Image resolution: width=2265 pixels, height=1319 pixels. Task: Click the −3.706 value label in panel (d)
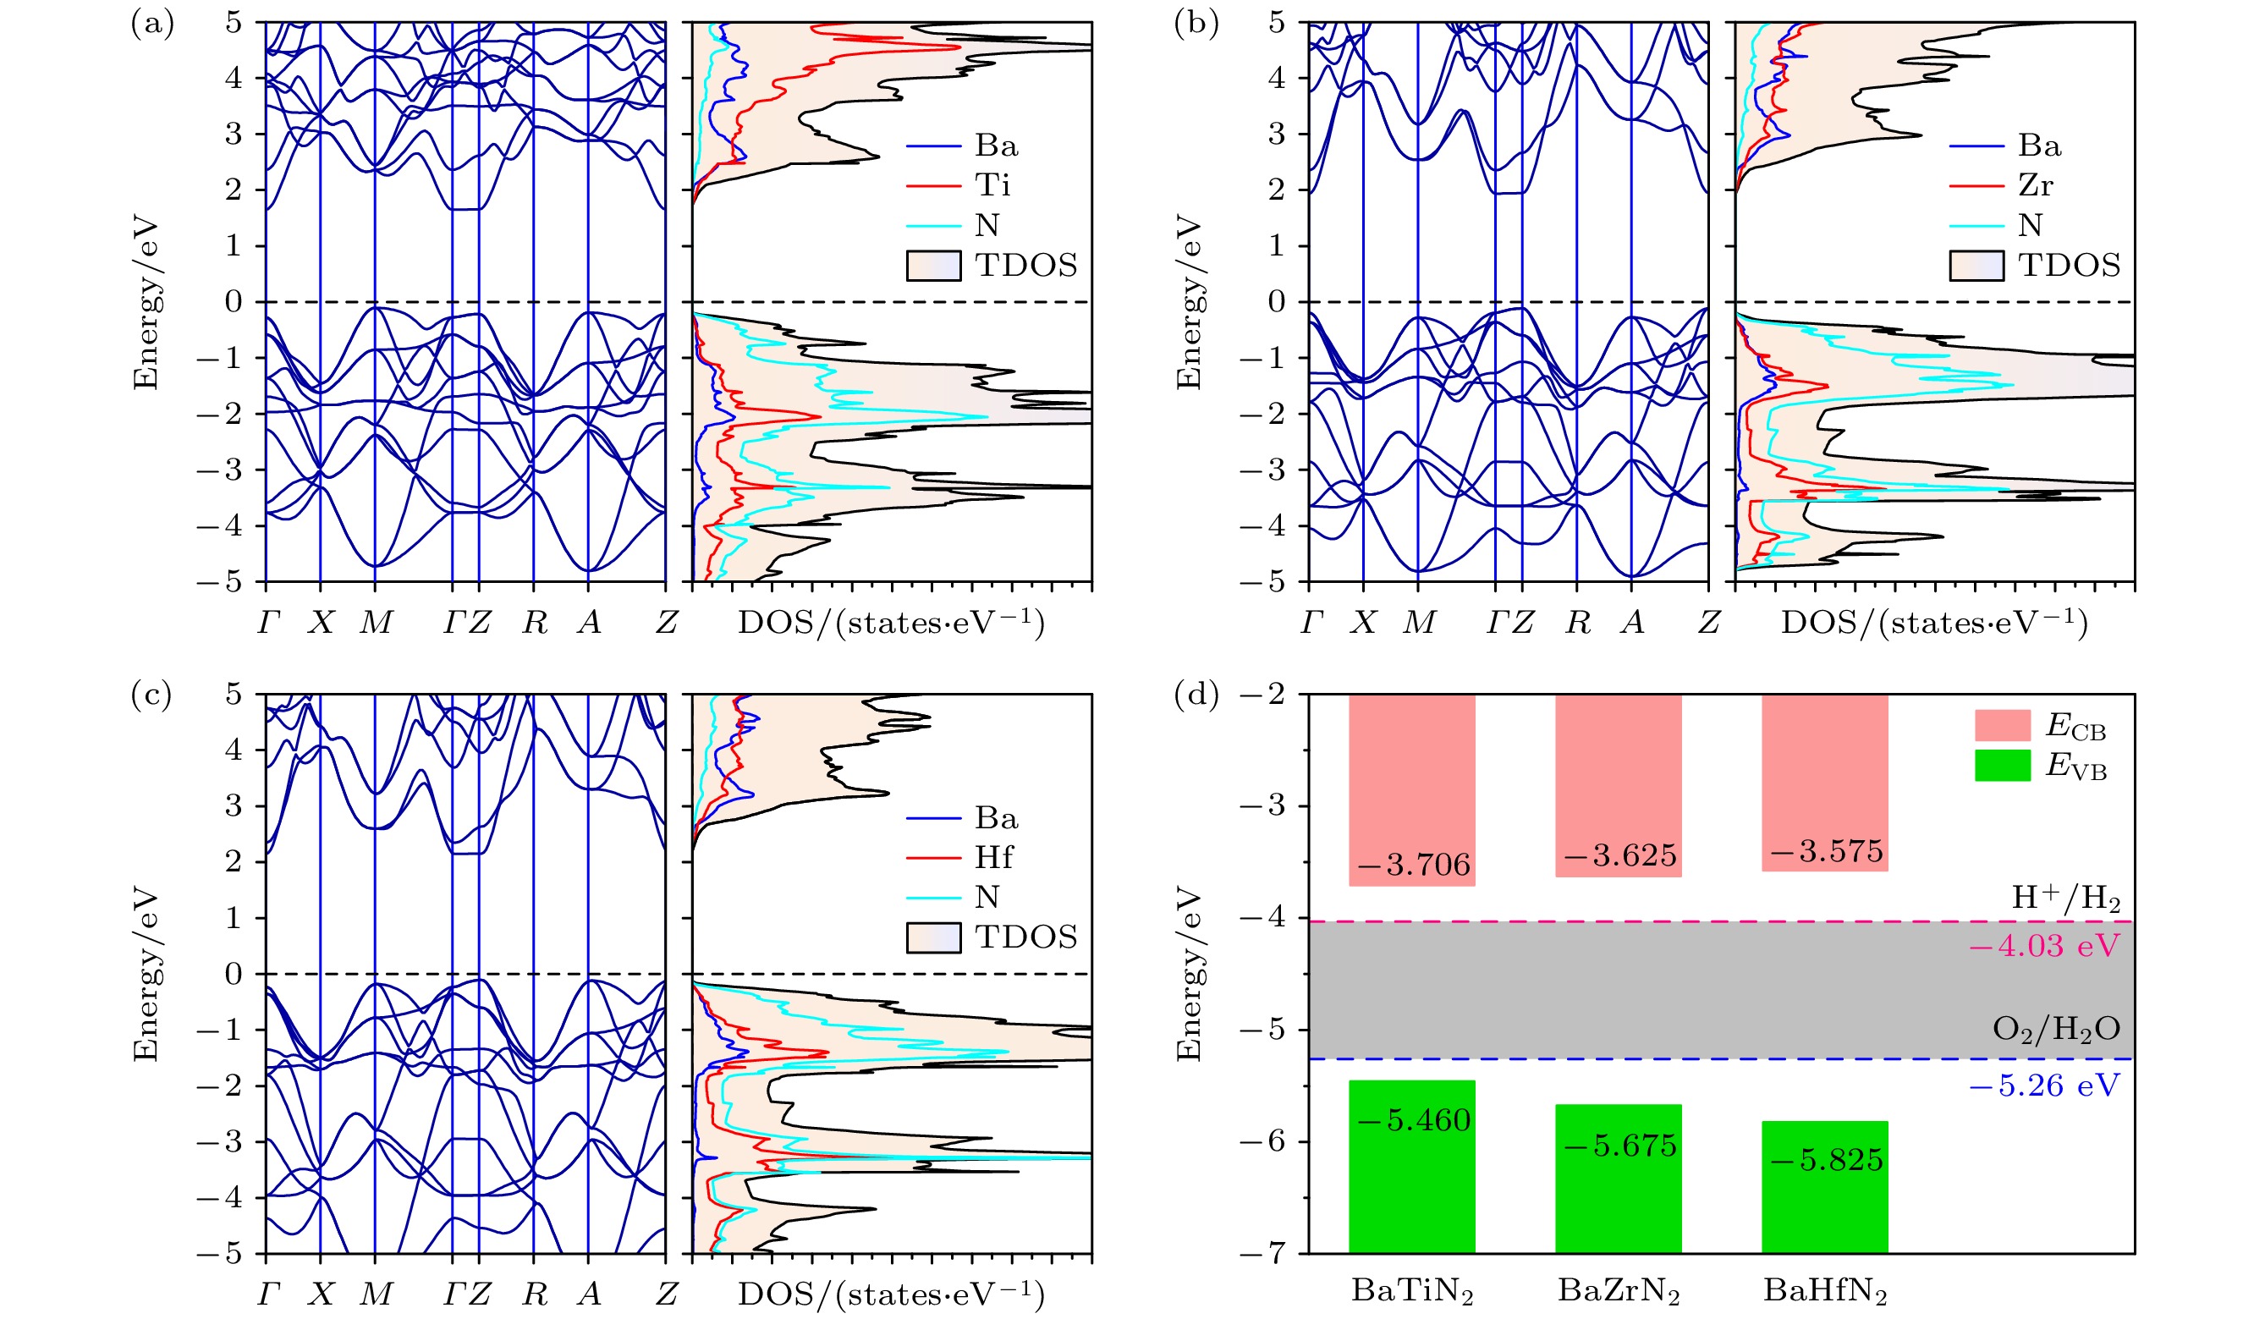[x=1414, y=866]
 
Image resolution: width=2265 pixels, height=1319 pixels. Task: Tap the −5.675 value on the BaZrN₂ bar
[x=1619, y=1146]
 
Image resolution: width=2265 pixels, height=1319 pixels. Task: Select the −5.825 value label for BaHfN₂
[x=1827, y=1160]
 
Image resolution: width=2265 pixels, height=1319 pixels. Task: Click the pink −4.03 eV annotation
[x=2044, y=945]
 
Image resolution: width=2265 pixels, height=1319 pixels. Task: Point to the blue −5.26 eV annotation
[x=2044, y=1086]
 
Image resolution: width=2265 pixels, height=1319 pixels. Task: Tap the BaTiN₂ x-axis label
[x=1412, y=1291]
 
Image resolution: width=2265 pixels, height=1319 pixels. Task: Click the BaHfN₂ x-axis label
[x=1824, y=1291]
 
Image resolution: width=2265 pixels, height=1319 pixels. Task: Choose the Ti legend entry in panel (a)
[x=992, y=185]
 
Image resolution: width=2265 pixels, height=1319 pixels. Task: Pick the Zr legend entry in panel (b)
[x=2036, y=185]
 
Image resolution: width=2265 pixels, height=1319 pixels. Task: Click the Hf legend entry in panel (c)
[x=993, y=857]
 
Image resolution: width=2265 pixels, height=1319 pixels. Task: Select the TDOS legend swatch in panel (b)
[x=1976, y=266]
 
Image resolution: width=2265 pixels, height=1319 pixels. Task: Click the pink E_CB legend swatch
[x=2002, y=725]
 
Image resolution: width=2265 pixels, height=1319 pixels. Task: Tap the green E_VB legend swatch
[x=2002, y=766]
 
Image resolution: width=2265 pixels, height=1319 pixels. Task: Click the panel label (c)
[x=151, y=695]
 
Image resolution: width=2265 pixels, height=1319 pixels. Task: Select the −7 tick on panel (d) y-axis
[x=1262, y=1253]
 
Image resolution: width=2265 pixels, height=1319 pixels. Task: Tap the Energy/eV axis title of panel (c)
[x=145, y=974]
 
